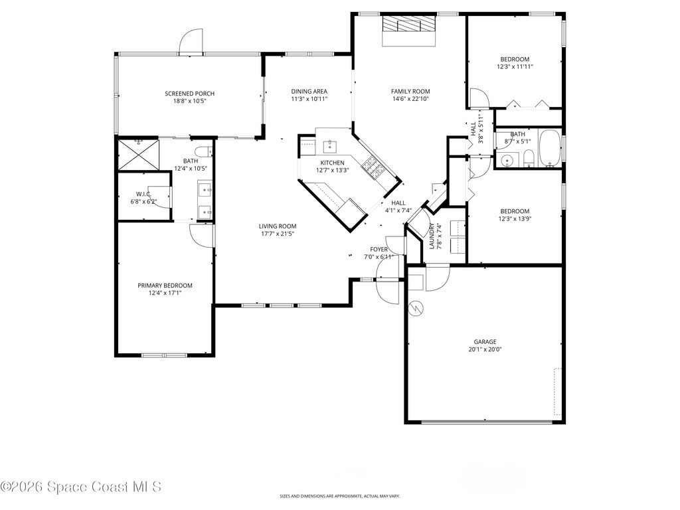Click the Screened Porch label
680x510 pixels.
point(189,93)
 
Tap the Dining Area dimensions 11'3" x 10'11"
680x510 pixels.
point(309,99)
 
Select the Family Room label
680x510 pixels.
point(410,91)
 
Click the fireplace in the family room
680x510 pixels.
point(408,31)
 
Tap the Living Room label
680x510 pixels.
point(278,226)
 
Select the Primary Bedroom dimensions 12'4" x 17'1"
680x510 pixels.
point(165,293)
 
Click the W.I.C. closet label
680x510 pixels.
point(143,194)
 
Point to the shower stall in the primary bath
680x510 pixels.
point(139,154)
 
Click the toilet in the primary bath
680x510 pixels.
point(203,152)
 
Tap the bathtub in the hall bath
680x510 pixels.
point(550,148)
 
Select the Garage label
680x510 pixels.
point(485,342)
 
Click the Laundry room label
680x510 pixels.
point(432,236)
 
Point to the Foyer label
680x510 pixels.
point(379,250)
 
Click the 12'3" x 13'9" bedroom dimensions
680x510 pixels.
point(515,219)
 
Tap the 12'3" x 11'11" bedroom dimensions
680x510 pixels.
point(515,67)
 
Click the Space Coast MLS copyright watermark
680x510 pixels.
point(80,487)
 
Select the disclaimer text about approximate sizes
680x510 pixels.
point(340,496)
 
